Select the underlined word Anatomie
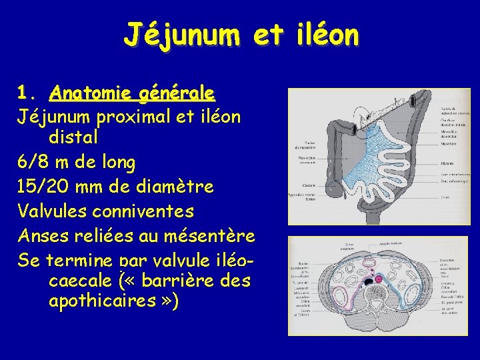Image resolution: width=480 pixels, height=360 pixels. point(87,92)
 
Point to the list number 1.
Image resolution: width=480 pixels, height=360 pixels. point(25,92)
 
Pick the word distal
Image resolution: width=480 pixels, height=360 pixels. point(73,138)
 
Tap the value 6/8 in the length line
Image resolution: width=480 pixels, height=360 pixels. point(33,162)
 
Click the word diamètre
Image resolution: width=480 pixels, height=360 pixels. point(172,187)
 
